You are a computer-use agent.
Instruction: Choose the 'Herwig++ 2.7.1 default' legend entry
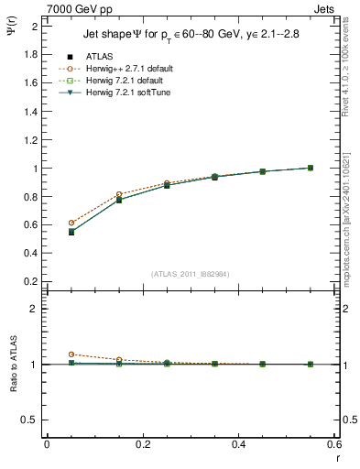(x=127, y=69)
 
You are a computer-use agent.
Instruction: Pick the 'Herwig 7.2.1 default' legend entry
(x=125, y=81)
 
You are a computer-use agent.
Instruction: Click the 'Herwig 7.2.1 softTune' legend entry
(x=127, y=93)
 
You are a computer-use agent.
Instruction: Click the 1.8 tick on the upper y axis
(x=32, y=54)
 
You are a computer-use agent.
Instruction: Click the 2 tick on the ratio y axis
(x=35, y=309)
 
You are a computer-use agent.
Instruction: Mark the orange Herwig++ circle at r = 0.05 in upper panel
(x=71, y=223)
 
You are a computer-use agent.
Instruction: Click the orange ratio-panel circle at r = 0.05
(x=71, y=354)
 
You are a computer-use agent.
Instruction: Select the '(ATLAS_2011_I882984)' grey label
(x=190, y=274)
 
